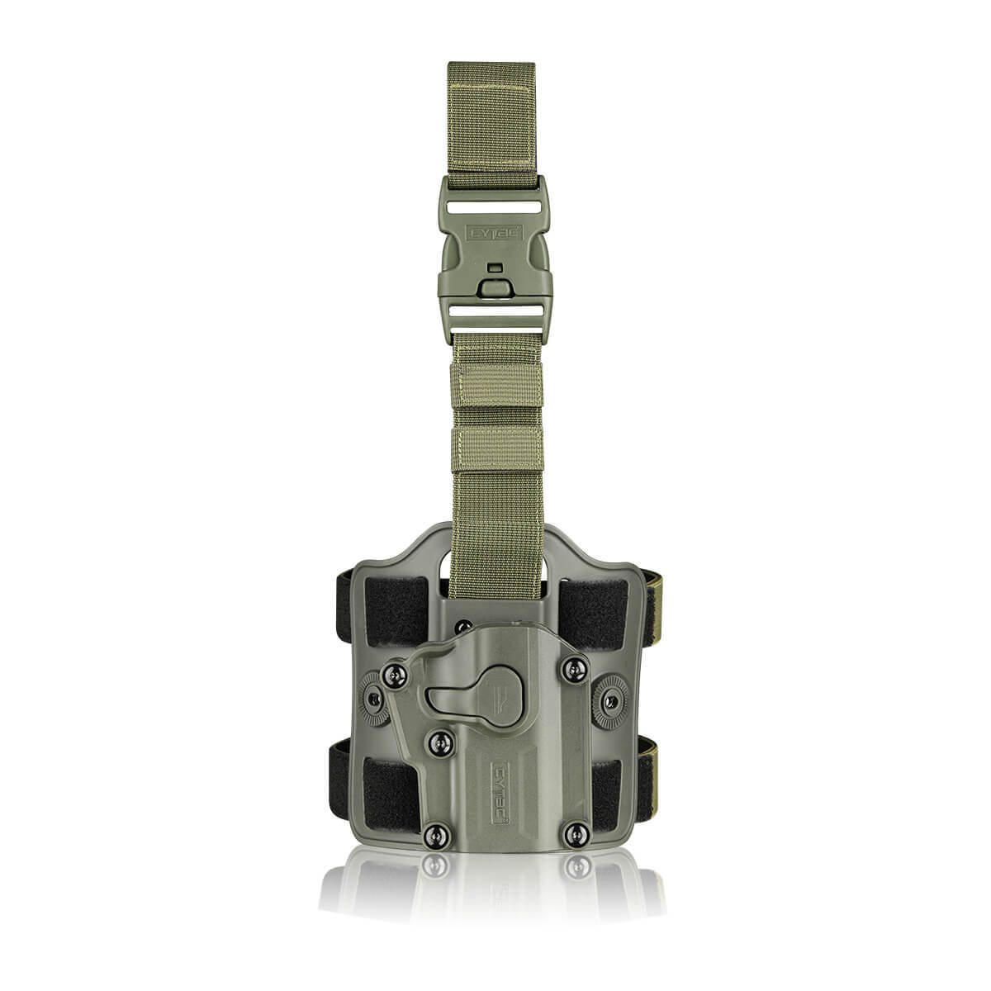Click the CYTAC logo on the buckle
point(495,235)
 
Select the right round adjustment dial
point(611,700)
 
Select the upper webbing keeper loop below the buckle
point(495,383)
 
